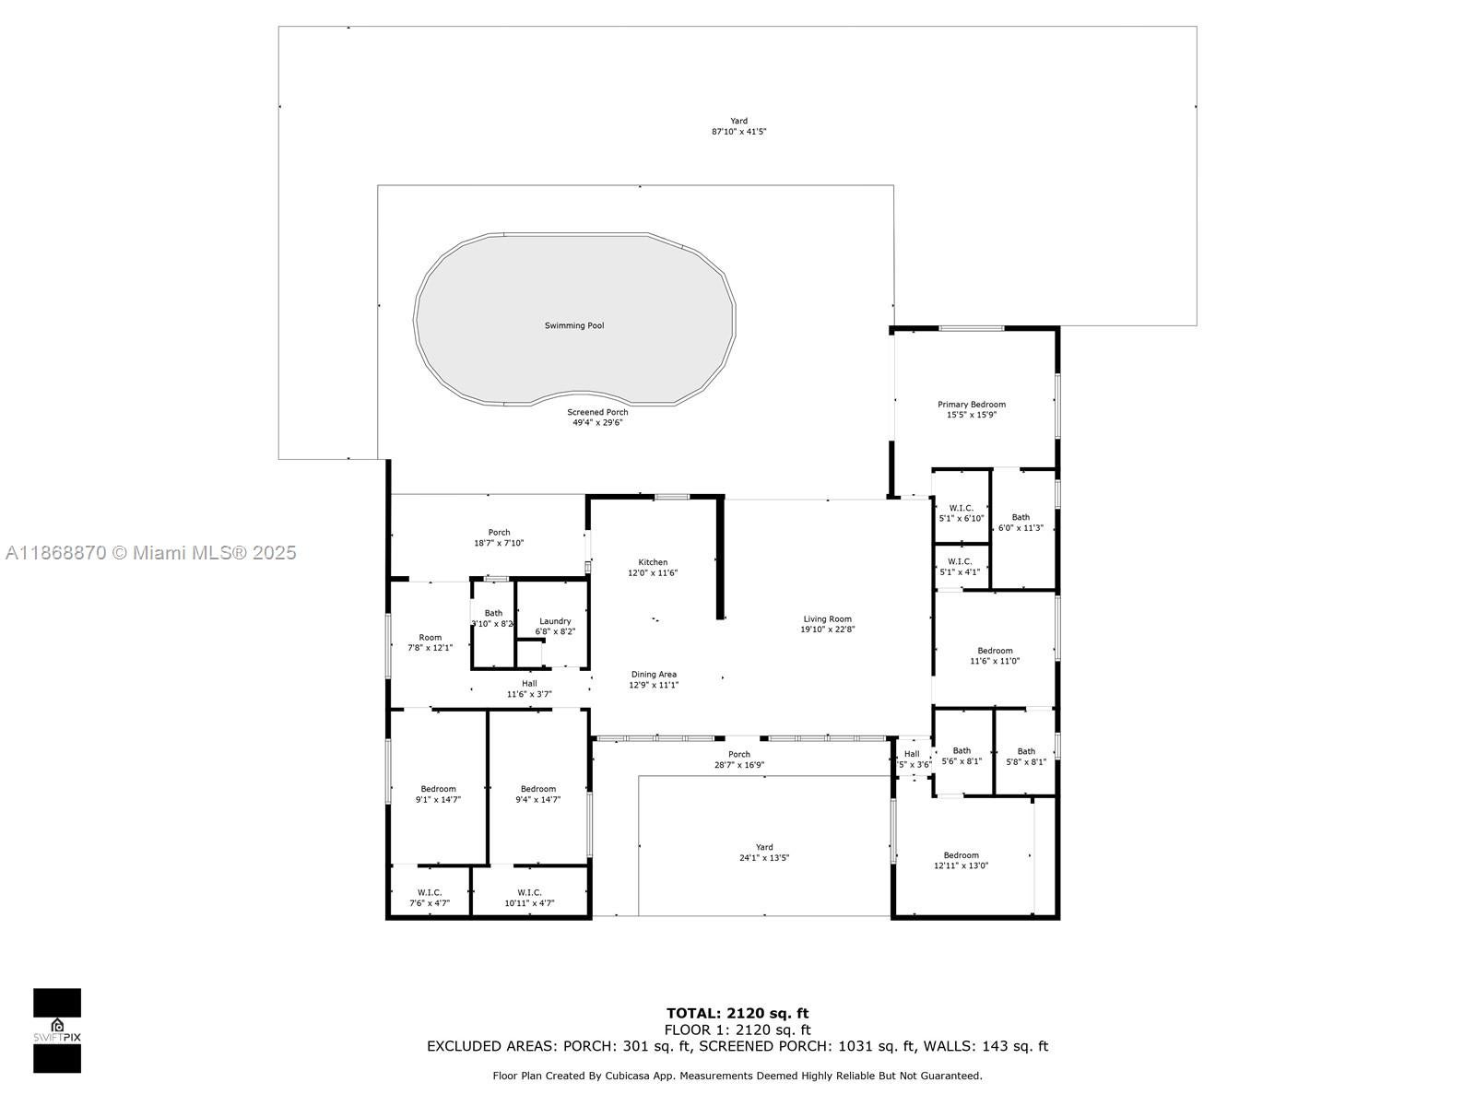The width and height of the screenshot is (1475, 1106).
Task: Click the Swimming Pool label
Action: point(574,325)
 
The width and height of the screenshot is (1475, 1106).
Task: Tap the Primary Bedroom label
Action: point(971,409)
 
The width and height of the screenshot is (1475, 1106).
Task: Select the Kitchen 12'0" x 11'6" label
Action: point(653,568)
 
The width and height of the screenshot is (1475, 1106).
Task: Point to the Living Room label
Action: point(827,624)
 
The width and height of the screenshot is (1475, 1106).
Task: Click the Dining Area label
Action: point(654,679)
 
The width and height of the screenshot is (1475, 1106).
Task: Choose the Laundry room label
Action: point(555,626)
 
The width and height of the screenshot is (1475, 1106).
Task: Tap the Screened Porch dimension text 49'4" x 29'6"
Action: point(597,422)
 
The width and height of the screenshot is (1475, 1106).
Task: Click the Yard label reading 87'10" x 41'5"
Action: point(738,126)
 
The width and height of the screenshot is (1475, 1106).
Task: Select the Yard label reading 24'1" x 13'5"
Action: point(764,853)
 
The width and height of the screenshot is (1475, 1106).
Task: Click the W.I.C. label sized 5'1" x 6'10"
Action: point(961,512)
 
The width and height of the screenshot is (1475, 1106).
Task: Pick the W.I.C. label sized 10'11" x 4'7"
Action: point(529,898)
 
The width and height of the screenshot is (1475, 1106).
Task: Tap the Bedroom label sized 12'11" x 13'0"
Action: point(961,860)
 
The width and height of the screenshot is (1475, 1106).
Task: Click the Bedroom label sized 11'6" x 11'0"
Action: point(995,655)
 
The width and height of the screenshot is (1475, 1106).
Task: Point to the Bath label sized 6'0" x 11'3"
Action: point(1021,523)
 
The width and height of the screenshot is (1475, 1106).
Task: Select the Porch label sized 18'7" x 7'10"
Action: point(499,537)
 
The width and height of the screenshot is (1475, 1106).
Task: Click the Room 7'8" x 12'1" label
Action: point(431,642)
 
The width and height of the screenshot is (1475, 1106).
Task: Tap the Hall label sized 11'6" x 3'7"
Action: point(529,688)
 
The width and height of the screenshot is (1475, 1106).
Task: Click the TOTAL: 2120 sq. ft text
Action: point(737,1014)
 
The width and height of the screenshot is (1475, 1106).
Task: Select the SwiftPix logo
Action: point(57,1030)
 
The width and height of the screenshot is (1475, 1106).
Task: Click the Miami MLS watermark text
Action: point(151,553)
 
